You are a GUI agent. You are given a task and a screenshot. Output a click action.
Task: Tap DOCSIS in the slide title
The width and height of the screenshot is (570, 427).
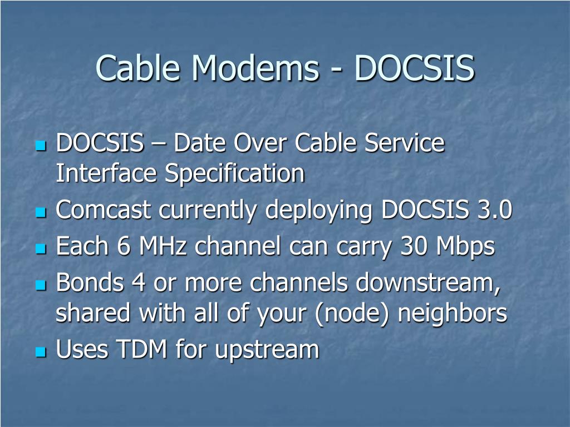tap(414, 68)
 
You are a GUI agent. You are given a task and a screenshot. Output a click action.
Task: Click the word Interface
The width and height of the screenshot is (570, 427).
tap(106, 173)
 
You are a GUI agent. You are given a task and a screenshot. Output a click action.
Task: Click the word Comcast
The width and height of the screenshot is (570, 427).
tap(104, 210)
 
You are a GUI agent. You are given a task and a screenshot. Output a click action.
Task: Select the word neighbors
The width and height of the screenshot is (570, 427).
tap(452, 314)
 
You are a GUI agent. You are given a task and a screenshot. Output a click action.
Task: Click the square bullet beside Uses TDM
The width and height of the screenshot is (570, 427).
tap(40, 351)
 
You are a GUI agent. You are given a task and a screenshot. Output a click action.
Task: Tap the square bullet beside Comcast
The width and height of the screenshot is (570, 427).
tap(40, 212)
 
